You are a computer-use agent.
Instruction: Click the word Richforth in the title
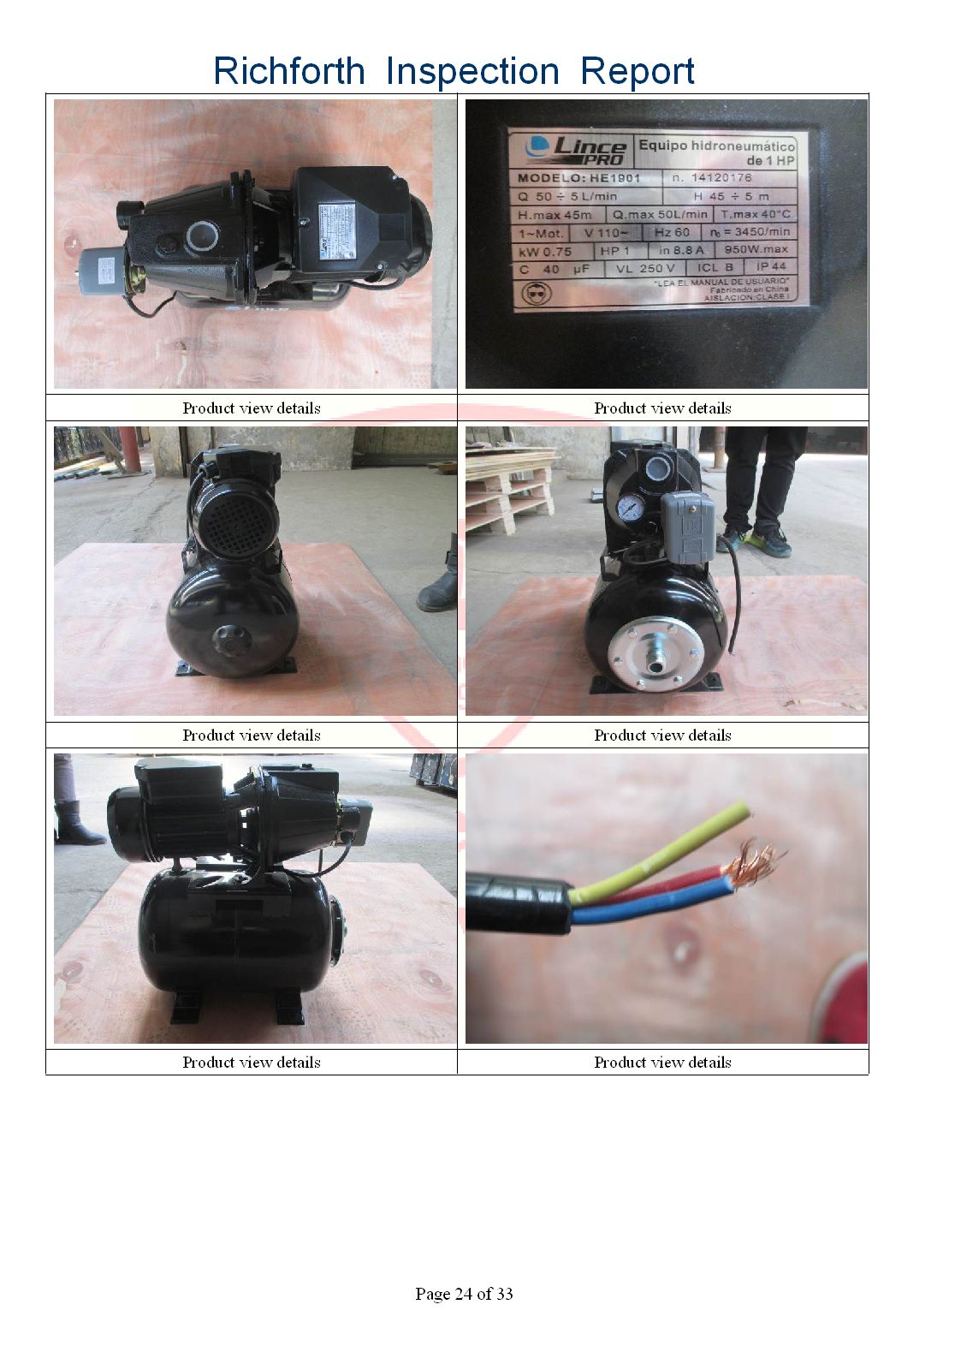tap(288, 71)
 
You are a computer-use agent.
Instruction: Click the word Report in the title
tap(637, 71)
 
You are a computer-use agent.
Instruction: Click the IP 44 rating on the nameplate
tap(771, 267)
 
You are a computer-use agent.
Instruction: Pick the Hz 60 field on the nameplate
tap(672, 232)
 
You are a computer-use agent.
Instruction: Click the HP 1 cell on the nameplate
tap(614, 251)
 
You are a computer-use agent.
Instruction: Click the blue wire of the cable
tap(650, 907)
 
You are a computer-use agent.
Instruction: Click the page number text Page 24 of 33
tap(464, 1294)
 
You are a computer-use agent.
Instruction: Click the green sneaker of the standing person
tap(768, 539)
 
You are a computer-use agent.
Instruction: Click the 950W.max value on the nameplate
tap(756, 250)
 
